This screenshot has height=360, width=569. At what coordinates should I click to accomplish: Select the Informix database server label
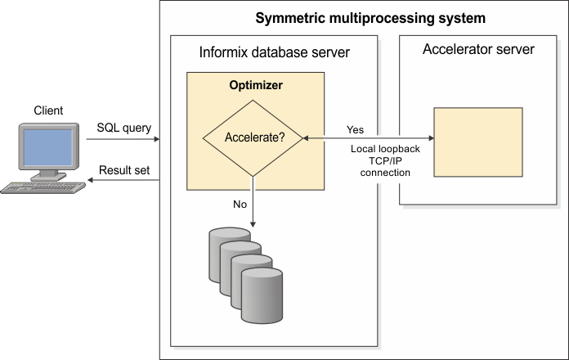click(x=274, y=53)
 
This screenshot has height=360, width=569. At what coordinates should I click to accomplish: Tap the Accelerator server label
click(x=478, y=50)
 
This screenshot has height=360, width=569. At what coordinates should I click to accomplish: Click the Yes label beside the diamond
click(x=356, y=129)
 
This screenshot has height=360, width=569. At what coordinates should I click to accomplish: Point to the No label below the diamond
click(x=240, y=205)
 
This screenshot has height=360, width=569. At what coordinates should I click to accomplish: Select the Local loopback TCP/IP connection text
click(x=380, y=161)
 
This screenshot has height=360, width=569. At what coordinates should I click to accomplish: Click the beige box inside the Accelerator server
click(x=478, y=142)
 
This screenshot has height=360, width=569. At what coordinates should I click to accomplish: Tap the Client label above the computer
click(x=49, y=110)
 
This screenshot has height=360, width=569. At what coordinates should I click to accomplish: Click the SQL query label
click(x=124, y=128)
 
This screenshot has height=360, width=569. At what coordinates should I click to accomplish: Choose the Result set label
click(x=125, y=170)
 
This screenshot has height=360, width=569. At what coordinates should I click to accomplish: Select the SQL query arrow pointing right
click(x=123, y=139)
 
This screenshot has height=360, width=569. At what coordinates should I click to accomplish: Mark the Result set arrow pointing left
click(x=123, y=180)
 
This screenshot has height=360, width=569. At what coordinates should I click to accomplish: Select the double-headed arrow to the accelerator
click(x=368, y=139)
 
